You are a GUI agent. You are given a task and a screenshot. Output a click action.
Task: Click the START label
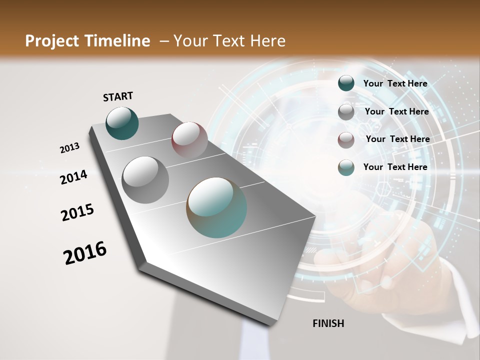click(x=118, y=96)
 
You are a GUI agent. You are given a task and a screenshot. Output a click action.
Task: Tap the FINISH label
click(x=328, y=323)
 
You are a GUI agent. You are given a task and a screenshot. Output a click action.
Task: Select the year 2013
click(x=69, y=148)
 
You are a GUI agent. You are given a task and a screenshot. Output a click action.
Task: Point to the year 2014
click(x=73, y=177)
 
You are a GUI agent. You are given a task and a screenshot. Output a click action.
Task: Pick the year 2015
click(x=77, y=212)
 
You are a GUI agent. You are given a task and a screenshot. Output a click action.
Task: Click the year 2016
click(x=85, y=253)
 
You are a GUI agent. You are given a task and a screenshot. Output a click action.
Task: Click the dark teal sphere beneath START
click(x=122, y=123)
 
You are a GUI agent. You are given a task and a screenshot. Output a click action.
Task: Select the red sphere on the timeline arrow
click(x=189, y=139)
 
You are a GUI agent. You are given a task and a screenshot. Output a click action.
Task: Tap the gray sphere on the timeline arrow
click(x=145, y=179)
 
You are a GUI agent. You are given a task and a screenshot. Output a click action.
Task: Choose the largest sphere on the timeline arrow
click(x=216, y=207)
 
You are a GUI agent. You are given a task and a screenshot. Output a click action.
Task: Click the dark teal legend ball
click(x=346, y=83)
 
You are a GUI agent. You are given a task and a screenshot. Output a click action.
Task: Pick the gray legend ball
click(x=346, y=112)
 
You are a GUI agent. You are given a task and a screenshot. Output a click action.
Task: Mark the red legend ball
click(x=346, y=140)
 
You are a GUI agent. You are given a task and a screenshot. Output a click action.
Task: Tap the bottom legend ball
click(x=346, y=167)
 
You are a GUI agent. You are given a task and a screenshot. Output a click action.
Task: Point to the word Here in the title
click(x=267, y=41)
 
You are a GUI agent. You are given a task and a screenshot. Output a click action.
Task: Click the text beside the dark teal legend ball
click(x=395, y=83)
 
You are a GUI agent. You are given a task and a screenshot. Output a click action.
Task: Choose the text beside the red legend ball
click(x=398, y=139)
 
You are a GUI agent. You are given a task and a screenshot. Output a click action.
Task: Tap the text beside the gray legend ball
click(x=397, y=111)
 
